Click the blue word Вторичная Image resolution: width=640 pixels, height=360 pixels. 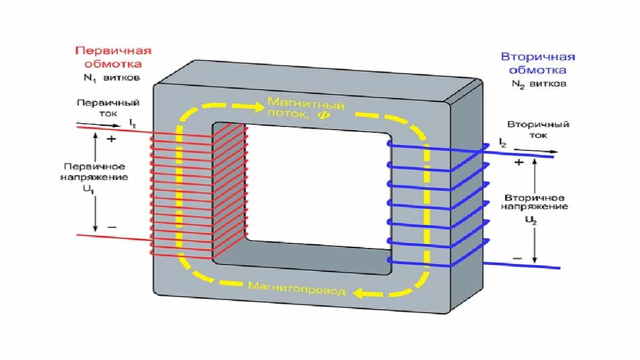pyautogui.click(x=538, y=57)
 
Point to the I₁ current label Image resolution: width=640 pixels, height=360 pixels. pyautogui.click(x=132, y=123)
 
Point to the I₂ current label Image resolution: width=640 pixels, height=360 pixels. pyautogui.click(x=502, y=143)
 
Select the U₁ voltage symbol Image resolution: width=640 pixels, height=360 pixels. pyautogui.click(x=95, y=187)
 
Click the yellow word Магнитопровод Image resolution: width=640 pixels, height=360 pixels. pyautogui.click(x=297, y=291)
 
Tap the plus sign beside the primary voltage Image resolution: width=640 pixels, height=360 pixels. pyautogui.click(x=112, y=139)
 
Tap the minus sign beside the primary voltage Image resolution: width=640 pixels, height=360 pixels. pyautogui.click(x=112, y=227)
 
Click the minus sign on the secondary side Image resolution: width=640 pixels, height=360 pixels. pyautogui.click(x=517, y=258)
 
